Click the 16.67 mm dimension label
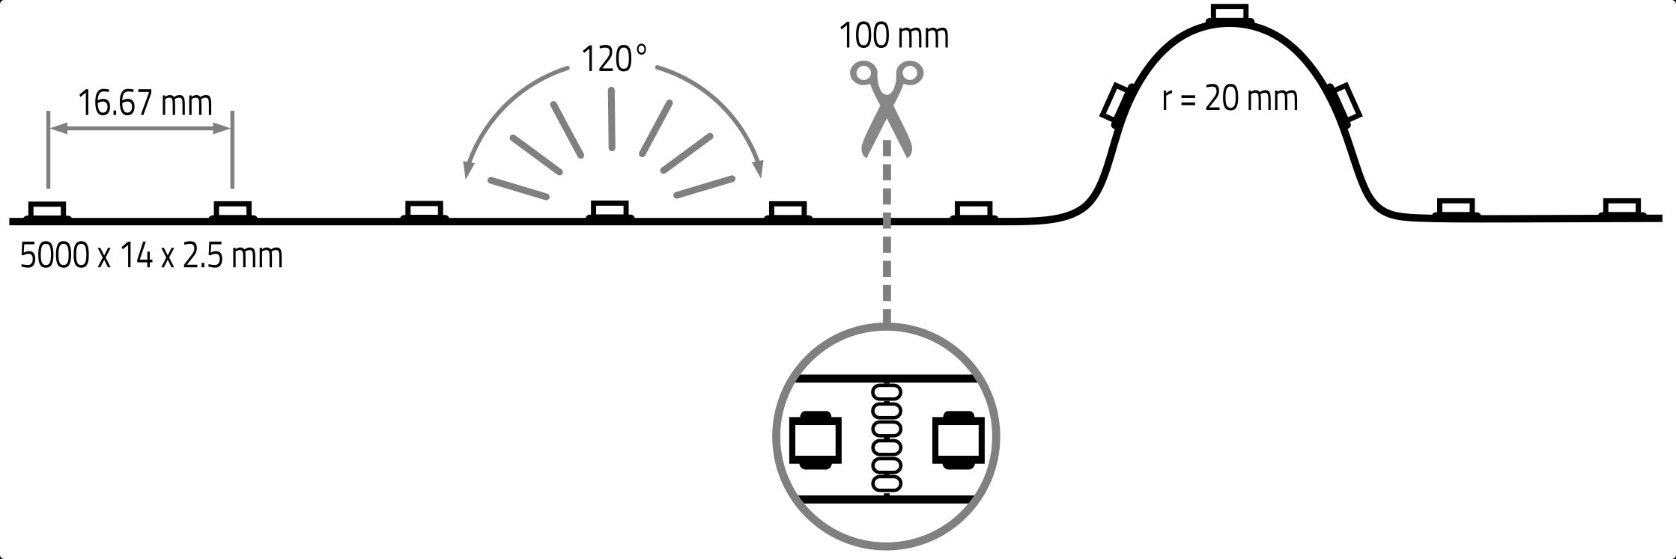click(145, 103)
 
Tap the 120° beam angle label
click(613, 58)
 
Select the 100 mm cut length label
click(893, 36)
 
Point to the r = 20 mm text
click(1230, 98)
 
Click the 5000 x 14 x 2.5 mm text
click(151, 256)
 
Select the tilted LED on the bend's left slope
click(1117, 103)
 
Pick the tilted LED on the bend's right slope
click(1344, 103)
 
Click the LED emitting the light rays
click(610, 211)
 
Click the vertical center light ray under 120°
click(612, 120)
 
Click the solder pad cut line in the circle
click(887, 439)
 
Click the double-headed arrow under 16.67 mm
click(140, 129)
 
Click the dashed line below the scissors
click(887, 232)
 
